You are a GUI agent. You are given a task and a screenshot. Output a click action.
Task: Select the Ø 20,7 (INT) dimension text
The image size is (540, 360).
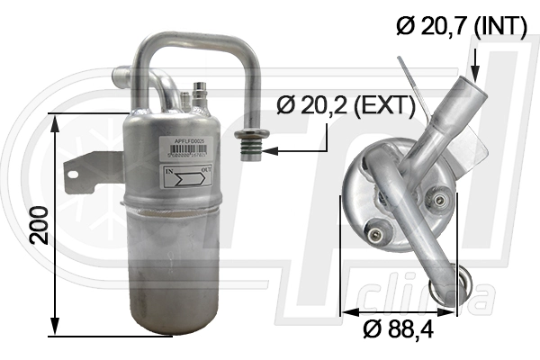click(x=462, y=27)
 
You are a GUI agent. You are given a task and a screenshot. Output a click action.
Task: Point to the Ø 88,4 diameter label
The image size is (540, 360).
click(x=399, y=330)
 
